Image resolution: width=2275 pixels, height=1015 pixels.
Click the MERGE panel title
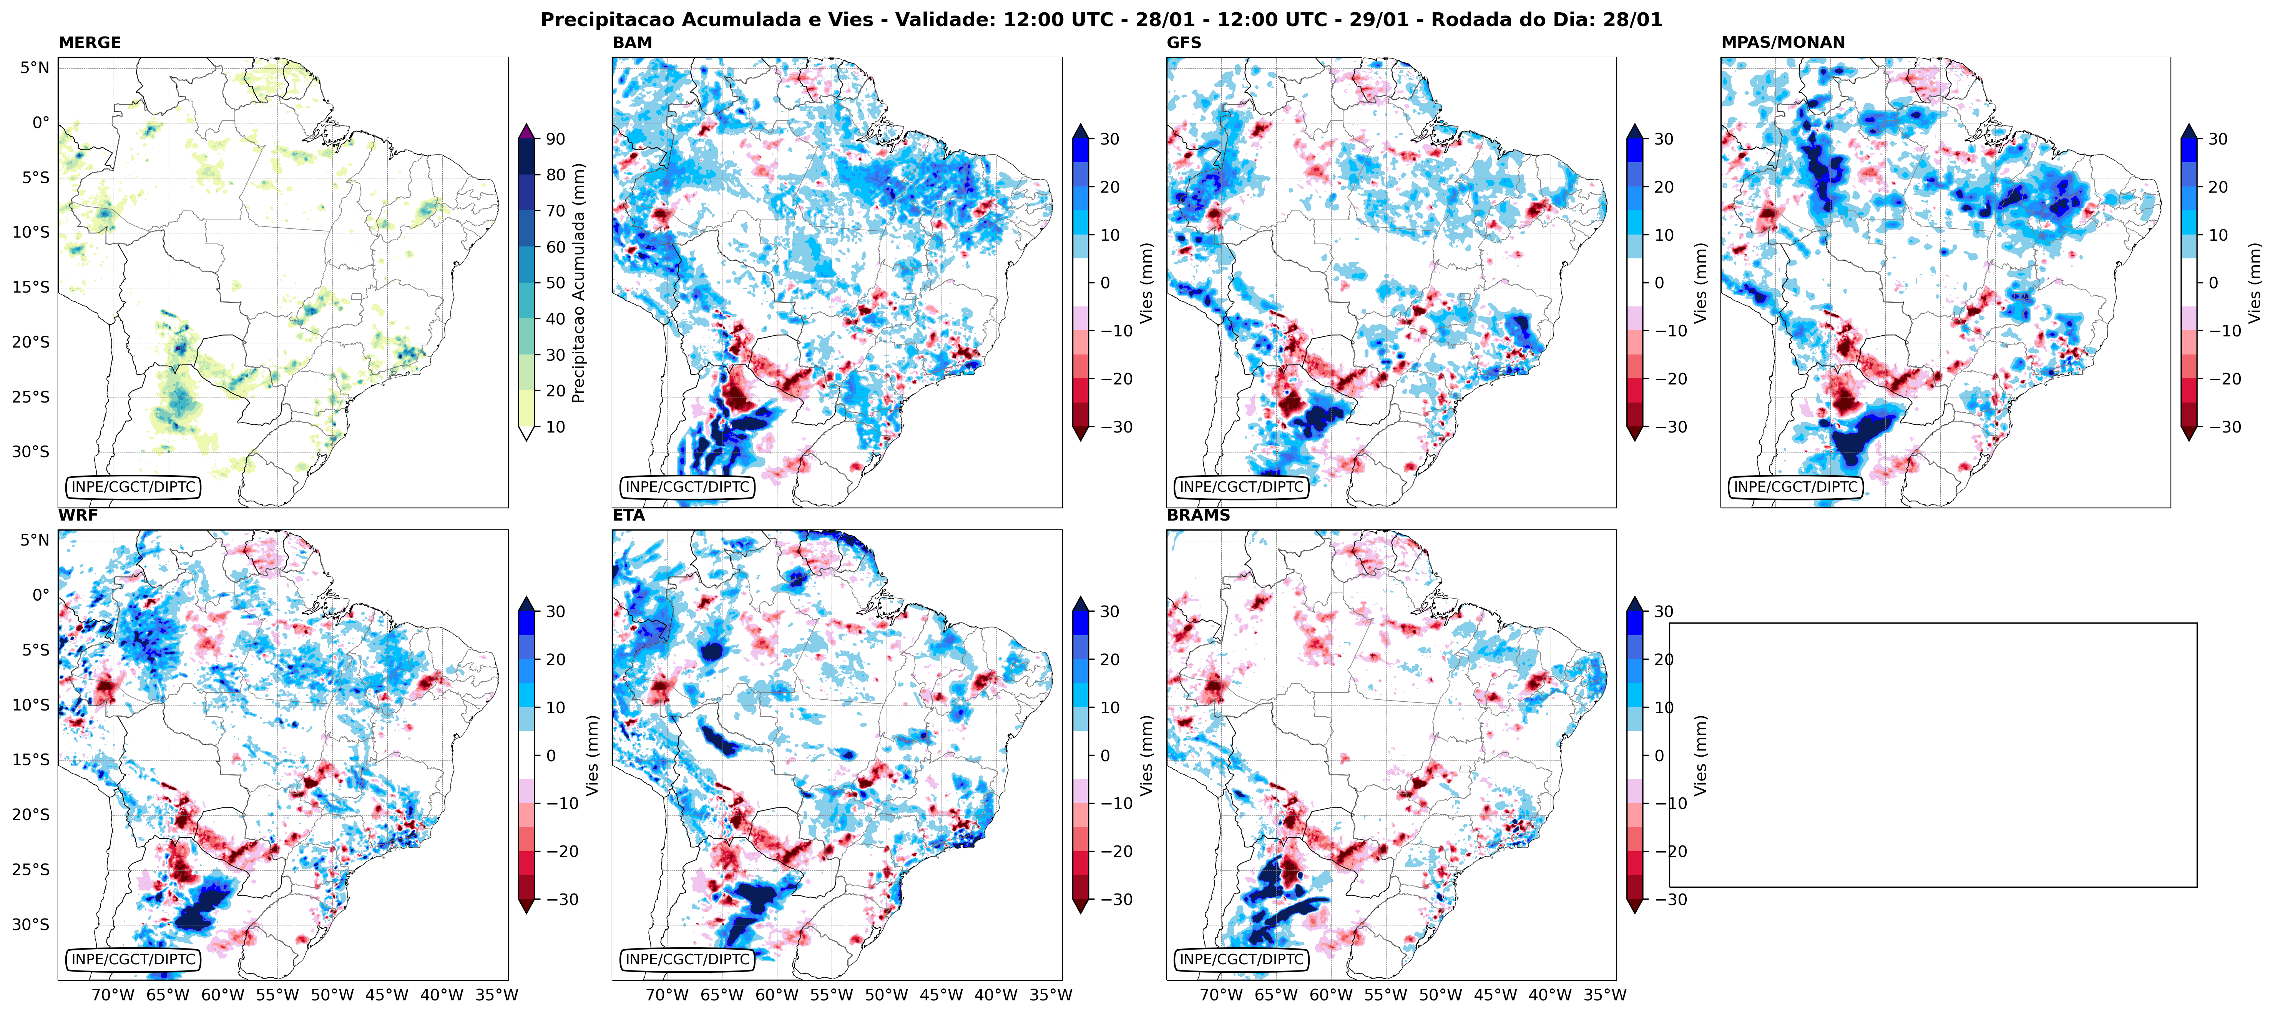pos(89,42)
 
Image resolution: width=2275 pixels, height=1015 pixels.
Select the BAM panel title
pos(632,42)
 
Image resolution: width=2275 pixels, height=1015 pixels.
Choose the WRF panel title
pos(78,515)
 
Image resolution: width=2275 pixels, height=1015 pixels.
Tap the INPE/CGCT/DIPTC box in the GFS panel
pos(1241,487)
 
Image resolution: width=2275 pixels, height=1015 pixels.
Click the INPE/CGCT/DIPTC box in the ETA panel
pos(687,959)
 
